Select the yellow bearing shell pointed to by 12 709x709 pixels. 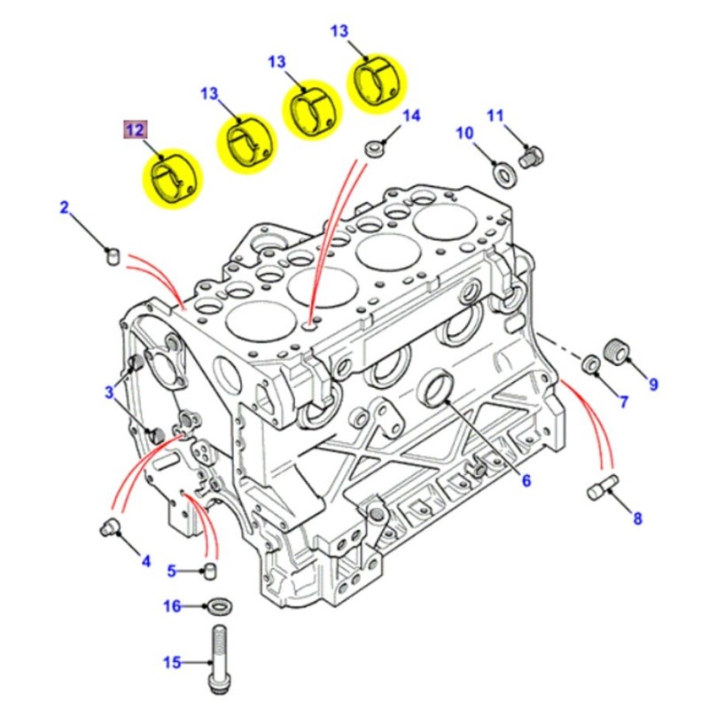172,178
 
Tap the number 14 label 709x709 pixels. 411,116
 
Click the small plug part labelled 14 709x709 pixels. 375,147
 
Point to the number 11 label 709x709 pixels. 495,115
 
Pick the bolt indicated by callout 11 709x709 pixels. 532,158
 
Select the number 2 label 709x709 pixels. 64,208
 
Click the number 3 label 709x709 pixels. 110,391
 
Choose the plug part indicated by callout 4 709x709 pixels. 108,528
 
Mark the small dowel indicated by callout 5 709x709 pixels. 211,568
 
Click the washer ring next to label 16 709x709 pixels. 217,606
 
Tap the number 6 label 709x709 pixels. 526,481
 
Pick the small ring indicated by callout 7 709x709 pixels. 588,364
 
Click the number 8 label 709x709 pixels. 637,519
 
